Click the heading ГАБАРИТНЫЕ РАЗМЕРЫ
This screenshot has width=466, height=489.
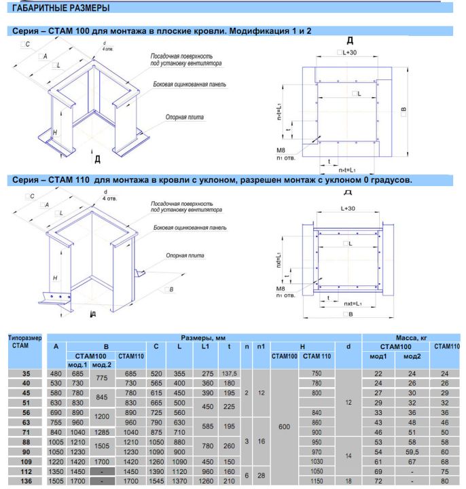coord(61,7)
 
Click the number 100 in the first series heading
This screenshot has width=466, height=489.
coord(83,31)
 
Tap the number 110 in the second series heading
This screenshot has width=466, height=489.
coord(83,180)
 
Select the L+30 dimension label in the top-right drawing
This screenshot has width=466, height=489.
coord(347,52)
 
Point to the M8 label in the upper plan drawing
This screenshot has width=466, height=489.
coord(281,150)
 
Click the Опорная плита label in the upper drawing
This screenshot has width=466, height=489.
coord(185,117)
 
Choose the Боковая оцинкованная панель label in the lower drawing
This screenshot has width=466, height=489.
coord(190,228)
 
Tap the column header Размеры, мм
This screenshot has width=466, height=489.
coord(203,338)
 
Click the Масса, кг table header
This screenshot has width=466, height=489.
coord(412,338)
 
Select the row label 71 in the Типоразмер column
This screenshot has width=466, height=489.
coord(26,432)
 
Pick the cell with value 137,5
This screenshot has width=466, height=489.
coord(229,374)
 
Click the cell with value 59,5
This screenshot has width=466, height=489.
coord(412,452)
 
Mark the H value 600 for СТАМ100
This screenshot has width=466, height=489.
coord(284,427)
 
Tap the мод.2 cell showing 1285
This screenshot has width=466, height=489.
coord(102,432)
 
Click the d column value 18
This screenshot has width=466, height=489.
coord(348,482)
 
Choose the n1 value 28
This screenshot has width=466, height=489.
coord(262,475)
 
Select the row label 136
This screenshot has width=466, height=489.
coord(26,482)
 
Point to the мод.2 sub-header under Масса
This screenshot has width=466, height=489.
coord(412,356)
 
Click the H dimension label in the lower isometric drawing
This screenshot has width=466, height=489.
coord(55,278)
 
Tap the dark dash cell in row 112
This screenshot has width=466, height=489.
coord(102,471)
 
